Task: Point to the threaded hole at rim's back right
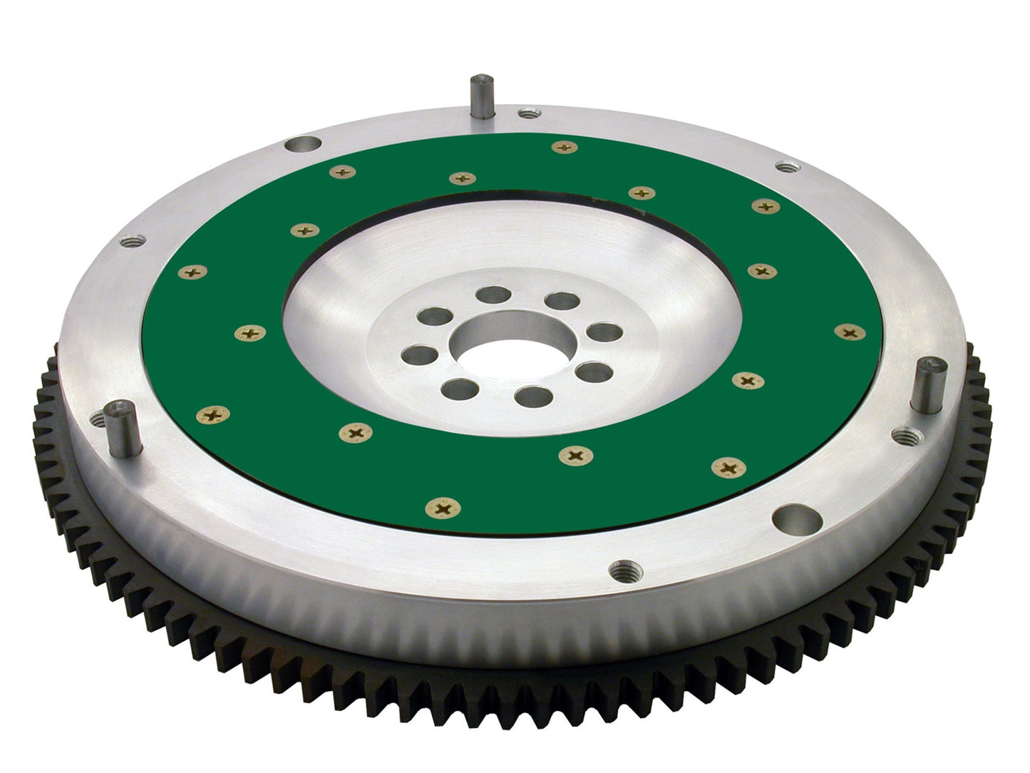786,167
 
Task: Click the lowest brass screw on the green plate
442,508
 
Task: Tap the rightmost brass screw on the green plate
849,332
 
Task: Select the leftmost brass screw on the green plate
192,272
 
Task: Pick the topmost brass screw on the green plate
564,148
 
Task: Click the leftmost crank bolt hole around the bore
420,354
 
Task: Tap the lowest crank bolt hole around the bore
533,396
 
